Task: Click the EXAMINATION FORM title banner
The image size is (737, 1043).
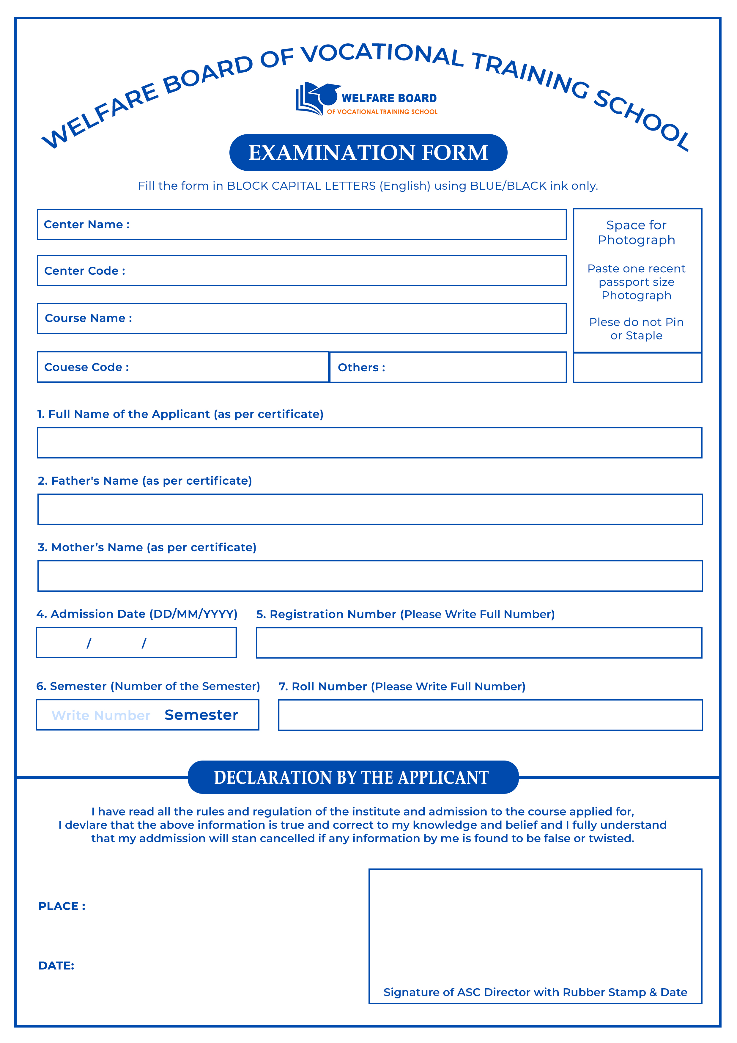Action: point(368,153)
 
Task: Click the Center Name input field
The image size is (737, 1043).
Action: point(345,224)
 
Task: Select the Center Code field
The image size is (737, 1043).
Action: point(345,271)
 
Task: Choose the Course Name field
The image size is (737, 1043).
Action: point(345,318)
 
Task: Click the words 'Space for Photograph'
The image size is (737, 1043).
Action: point(636,232)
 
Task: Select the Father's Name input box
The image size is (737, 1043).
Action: point(370,509)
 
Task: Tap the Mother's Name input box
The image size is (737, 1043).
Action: point(370,576)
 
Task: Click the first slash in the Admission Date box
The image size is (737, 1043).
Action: point(89,643)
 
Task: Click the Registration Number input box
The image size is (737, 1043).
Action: point(479,643)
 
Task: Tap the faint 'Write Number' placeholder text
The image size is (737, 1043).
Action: point(101,715)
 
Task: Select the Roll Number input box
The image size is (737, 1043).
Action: point(490,715)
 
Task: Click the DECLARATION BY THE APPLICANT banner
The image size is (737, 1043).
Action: point(353,777)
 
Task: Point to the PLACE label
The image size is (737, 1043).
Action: point(62,906)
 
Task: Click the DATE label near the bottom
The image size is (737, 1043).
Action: point(56,965)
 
